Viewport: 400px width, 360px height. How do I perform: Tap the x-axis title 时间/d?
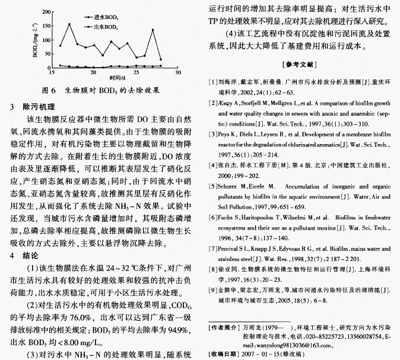coord(116,79)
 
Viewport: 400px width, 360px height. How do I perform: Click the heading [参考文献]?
coord(301,63)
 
